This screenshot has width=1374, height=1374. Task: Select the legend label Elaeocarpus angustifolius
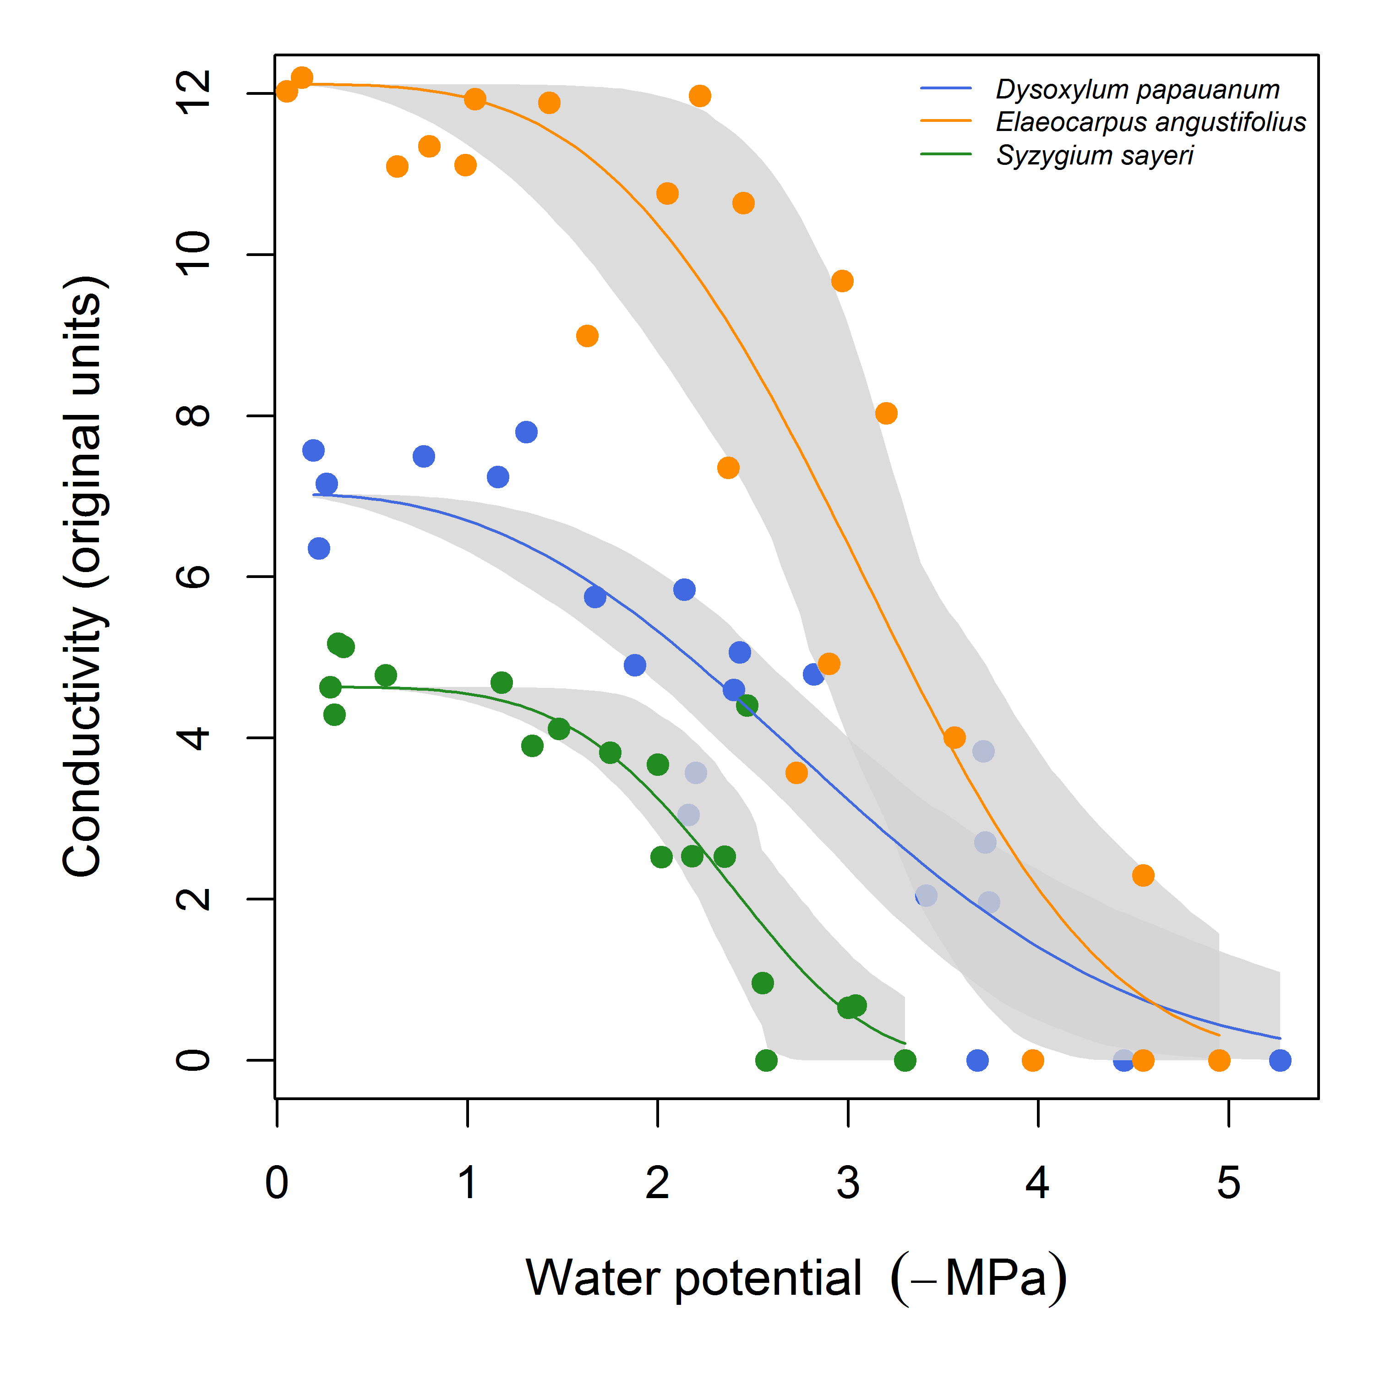tap(1150, 122)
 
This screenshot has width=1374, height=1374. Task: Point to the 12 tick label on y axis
tap(193, 93)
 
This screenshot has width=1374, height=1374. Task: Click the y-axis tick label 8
tap(193, 415)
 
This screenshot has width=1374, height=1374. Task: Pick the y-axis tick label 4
tap(193, 737)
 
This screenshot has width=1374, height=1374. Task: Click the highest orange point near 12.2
tap(302, 77)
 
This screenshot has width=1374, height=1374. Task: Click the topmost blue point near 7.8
tap(526, 432)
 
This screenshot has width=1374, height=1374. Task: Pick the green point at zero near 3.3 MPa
tap(905, 1060)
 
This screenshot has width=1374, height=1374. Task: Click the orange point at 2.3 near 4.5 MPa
tap(1143, 875)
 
